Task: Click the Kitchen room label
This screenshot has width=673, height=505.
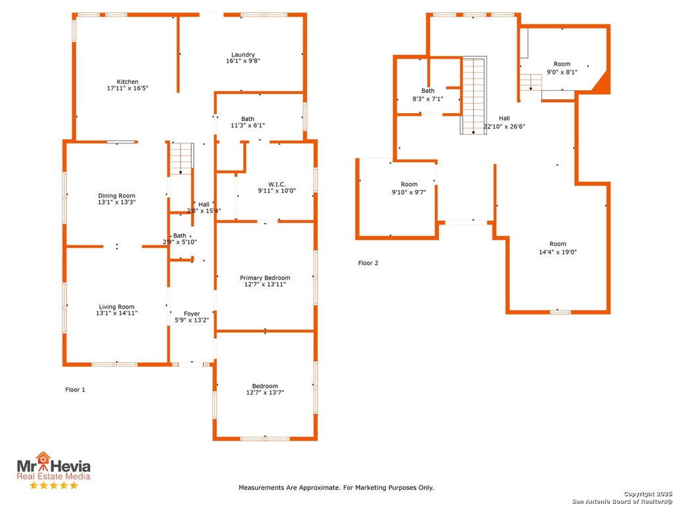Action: coord(128,82)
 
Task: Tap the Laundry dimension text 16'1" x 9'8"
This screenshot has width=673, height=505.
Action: coord(243,61)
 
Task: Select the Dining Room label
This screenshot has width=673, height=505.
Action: coord(117,196)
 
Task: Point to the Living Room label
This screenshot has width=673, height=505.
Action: coord(117,306)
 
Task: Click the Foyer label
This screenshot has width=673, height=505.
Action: coord(192,314)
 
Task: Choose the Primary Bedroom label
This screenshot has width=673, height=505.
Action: coord(265,278)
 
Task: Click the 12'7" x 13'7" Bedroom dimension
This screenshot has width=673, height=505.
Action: coord(265,393)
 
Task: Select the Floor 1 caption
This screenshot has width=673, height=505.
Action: coord(75,389)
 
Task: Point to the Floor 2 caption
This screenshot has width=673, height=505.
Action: coord(368,263)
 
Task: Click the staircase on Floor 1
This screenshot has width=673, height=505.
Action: coord(181,158)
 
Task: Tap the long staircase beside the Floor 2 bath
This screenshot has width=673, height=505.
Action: coord(474,95)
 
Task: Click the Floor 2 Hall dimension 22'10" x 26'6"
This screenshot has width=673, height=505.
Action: coord(504,127)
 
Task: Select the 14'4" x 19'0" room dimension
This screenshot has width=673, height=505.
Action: coord(557,252)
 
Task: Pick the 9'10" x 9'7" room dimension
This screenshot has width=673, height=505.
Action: coord(409,193)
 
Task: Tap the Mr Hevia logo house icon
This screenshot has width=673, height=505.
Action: coord(43,458)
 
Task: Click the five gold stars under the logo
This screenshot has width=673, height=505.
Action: coord(54,485)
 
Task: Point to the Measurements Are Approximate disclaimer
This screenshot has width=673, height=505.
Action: coord(336,488)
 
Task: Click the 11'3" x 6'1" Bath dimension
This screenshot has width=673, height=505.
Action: coord(247,126)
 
